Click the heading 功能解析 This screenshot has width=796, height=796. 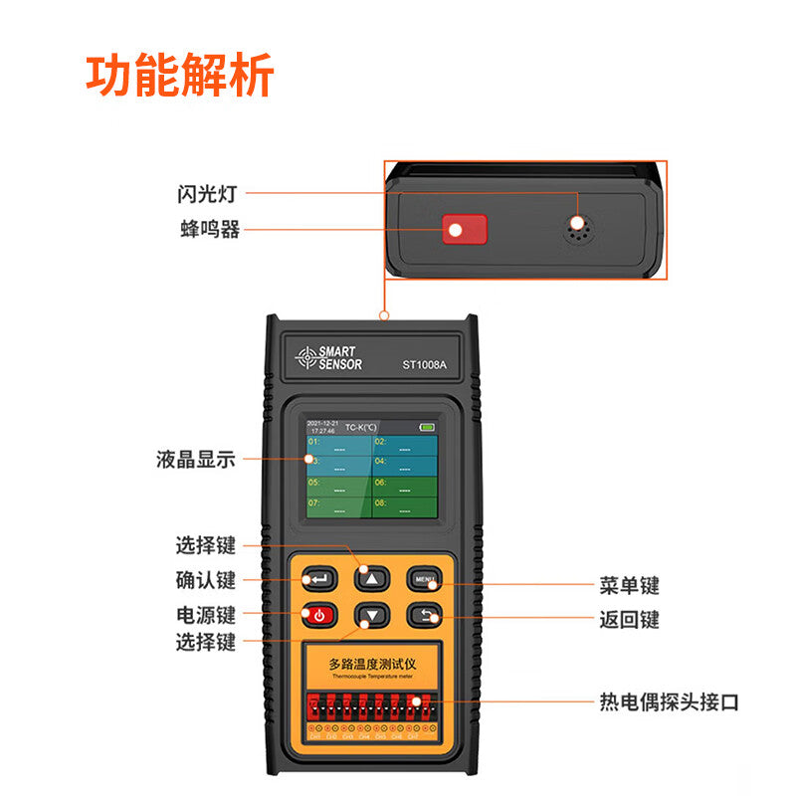point(179,78)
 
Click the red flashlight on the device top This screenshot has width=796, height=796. point(464,230)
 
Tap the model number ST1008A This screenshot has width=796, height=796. point(424,364)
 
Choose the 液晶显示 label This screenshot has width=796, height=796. point(196,460)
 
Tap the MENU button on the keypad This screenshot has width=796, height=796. point(424,579)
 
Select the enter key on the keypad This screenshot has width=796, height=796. point(319,579)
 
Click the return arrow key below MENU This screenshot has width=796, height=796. point(424,616)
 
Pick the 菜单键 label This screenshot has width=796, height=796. point(629,586)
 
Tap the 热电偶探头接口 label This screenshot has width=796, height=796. point(669,701)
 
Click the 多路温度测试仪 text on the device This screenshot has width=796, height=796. point(370,662)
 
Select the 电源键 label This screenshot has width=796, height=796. point(206,614)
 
